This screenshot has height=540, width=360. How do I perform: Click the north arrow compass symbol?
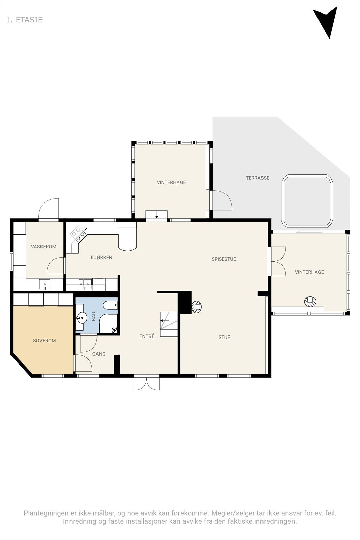point(326,21)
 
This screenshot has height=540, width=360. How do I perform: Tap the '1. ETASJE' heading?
point(24,20)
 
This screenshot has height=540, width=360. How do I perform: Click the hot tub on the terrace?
point(307,200)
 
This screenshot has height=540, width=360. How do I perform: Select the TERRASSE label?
point(257,178)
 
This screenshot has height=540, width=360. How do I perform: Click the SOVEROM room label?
point(44,341)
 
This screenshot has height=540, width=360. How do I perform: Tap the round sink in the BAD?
point(81,317)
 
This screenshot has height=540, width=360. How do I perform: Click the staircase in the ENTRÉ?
point(169,324)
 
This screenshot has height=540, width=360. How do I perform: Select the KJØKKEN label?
point(101,258)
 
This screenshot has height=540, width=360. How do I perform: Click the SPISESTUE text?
point(224,259)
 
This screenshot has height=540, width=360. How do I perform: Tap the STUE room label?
point(224,337)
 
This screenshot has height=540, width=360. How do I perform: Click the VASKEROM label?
point(44,247)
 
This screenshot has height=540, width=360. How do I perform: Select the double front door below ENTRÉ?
point(146,383)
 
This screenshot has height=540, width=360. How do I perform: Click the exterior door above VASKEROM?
point(49,210)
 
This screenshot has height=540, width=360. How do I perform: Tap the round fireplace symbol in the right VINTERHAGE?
point(310,301)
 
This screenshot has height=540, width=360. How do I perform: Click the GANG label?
point(99,354)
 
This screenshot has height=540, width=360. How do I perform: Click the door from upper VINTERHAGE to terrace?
point(221,200)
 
